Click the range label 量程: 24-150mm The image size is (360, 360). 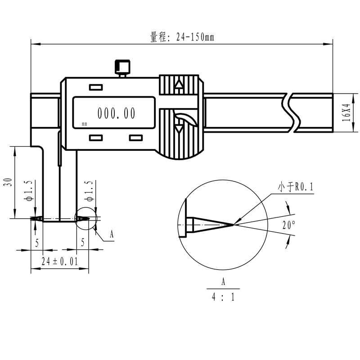pos(182,37)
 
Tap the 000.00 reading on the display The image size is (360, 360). pos(117,113)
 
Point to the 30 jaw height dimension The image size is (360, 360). pos(9,182)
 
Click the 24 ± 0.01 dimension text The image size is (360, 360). pos(60,261)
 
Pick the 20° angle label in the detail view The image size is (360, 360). pos(289,225)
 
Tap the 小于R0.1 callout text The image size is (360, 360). pos(296,187)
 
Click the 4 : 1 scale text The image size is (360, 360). pos(223,297)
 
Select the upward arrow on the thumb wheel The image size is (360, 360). pos(179,84)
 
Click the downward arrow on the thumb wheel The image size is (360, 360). pos(179,130)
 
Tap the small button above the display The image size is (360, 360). pos(96,87)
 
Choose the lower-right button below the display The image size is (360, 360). pos(136,138)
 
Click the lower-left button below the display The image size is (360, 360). pos(96,138)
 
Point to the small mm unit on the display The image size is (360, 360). pos(85,124)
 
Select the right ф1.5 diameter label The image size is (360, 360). pos(89,190)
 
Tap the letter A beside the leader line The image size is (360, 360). pos(112,234)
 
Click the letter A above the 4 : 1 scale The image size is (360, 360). pos(223,282)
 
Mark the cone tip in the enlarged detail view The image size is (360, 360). pos(234,225)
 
